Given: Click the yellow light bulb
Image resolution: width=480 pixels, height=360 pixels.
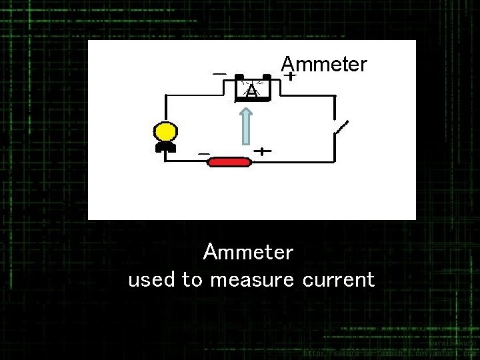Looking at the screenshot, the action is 164,131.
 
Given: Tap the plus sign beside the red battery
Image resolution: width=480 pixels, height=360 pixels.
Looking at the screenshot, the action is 264,151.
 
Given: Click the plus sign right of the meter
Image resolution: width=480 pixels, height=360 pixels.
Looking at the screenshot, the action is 290,77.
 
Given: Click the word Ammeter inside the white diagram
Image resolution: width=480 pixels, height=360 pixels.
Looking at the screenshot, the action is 324,64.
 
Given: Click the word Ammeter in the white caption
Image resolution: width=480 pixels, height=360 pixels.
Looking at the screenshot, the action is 249,253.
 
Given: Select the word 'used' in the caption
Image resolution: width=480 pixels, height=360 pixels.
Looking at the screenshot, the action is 152,280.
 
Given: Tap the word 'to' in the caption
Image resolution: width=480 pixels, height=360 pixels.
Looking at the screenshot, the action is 192,280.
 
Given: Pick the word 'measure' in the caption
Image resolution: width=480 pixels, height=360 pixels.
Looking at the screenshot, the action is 251,280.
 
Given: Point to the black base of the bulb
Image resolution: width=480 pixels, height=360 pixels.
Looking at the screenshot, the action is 165,146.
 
